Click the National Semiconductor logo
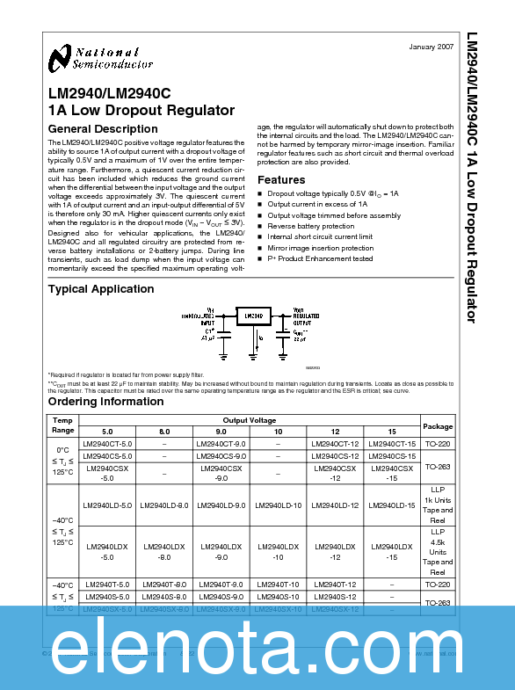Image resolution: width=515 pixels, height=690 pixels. [85, 58]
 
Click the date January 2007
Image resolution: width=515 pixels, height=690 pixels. [432, 46]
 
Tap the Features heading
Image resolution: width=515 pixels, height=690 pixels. [281, 179]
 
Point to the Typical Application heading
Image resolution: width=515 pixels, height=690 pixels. [100, 288]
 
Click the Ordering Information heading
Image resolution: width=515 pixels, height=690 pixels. [105, 402]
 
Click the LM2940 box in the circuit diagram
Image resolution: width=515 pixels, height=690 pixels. [253, 316]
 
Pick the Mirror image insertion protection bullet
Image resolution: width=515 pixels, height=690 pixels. [320, 247]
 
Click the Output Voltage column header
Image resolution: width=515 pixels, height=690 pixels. [249, 420]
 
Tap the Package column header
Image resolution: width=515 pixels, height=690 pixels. [438, 425]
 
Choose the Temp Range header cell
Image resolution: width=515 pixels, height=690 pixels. [63, 425]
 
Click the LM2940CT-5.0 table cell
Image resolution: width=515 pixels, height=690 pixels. [107, 444]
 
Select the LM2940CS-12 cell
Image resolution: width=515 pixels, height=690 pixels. [335, 456]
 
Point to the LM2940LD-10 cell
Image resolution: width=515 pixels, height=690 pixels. [278, 505]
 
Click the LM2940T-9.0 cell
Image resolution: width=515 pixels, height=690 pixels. [221, 585]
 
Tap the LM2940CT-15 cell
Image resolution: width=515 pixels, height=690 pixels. [392, 444]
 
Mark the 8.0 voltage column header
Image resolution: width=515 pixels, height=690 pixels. [164, 432]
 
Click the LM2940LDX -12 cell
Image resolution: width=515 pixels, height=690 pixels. [335, 552]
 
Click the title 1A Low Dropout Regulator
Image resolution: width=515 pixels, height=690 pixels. [141, 111]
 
